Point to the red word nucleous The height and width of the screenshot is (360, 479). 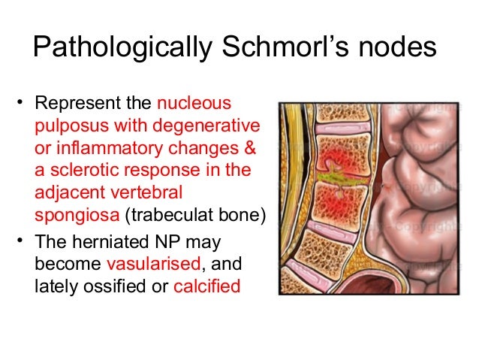[x=195, y=103]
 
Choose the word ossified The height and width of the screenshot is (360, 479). [x=110, y=286]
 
